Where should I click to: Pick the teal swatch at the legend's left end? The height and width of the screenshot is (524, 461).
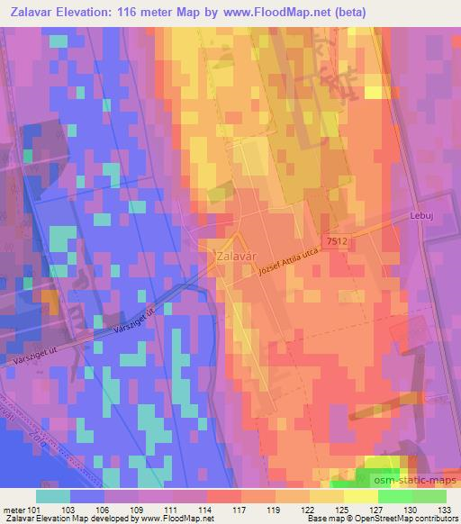pyautogui.click(x=53, y=496)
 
